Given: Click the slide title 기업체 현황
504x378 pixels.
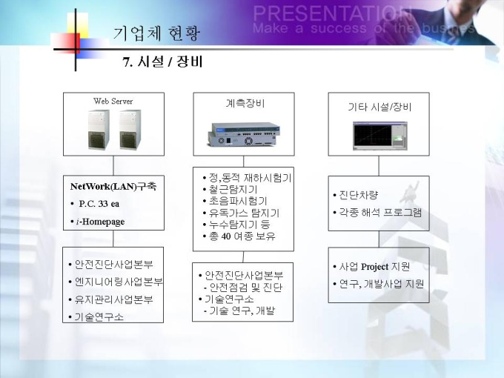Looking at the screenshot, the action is pyautogui.click(x=157, y=33).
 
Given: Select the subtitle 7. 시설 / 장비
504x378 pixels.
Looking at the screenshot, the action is pyautogui.click(x=162, y=61).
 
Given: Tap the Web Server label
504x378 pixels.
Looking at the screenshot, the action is pyautogui.click(x=113, y=102).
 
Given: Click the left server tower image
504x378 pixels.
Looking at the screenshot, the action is pyautogui.click(x=99, y=129).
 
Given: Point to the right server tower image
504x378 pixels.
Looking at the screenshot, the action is pyautogui.click(x=130, y=129).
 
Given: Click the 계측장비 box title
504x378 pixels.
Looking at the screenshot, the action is pyautogui.click(x=245, y=103).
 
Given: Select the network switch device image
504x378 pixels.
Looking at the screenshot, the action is pyautogui.click(x=244, y=134).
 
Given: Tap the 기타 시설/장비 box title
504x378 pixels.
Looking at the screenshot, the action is pyautogui.click(x=379, y=107).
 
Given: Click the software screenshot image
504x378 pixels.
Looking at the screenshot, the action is pyautogui.click(x=380, y=136).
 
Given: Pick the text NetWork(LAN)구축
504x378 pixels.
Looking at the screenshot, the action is pyautogui.click(x=113, y=187).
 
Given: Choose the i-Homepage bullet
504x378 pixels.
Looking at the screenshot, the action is pyautogui.click(x=100, y=222).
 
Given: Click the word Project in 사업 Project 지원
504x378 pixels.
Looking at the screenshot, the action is pyautogui.click(x=375, y=267).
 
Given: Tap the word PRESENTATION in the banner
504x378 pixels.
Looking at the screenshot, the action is pyautogui.click(x=333, y=13).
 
